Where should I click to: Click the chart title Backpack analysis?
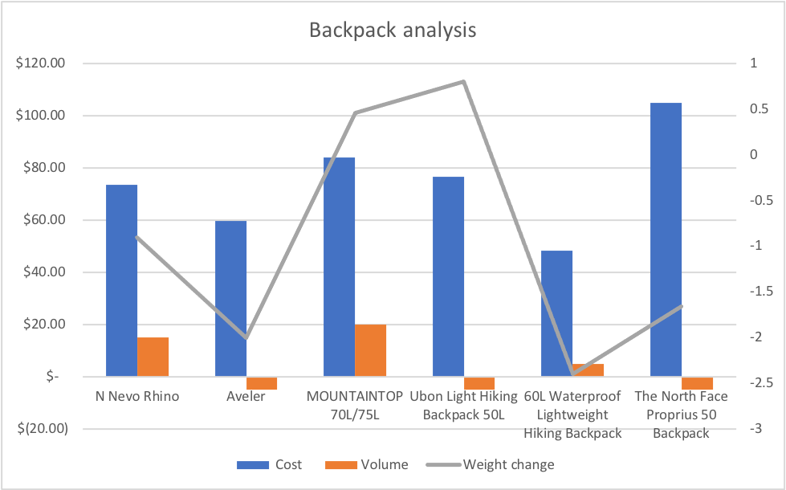(393, 31)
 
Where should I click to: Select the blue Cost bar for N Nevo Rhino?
(121, 280)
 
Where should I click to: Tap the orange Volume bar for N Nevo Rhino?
(153, 357)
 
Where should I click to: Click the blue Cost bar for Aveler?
(230, 298)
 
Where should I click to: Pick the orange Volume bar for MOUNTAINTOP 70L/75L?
(370, 350)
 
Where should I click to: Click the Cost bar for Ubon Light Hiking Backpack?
(448, 276)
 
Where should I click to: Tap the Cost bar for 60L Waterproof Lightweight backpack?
(556, 313)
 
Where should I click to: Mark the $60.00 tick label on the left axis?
(43, 220)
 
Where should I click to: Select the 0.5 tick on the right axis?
(757, 109)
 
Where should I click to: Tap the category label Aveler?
(246, 396)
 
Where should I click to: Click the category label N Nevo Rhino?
(136, 396)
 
